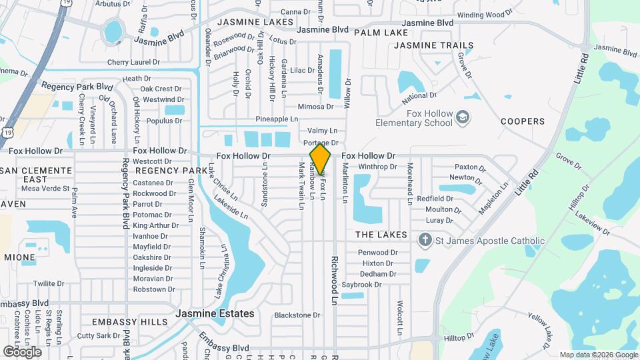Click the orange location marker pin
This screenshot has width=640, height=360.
321,159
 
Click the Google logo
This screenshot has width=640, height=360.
22,351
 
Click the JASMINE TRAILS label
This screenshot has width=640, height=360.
433,45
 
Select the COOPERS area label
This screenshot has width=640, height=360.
523,121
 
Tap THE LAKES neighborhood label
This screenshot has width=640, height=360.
381,235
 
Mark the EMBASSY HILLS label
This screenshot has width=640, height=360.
130,322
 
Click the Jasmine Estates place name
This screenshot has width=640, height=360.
215,313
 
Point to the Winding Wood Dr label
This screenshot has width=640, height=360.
483,15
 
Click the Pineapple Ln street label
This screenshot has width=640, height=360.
277,119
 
